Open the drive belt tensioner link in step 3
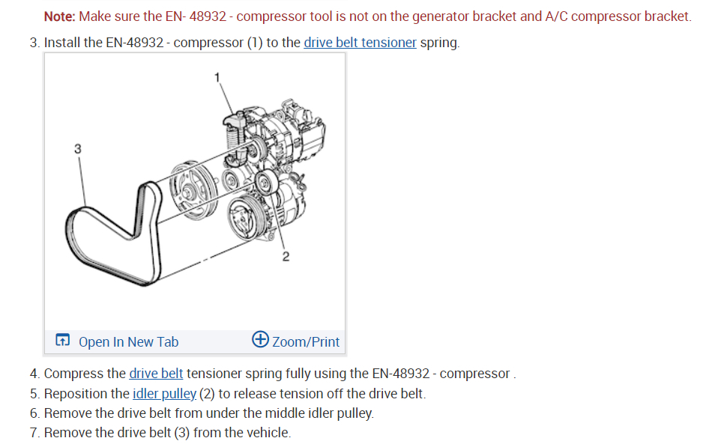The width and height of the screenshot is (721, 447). click(x=360, y=43)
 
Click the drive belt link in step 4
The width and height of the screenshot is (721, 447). click(x=156, y=373)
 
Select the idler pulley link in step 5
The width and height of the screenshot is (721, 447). click(x=164, y=393)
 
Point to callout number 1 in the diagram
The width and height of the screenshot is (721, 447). click(x=217, y=77)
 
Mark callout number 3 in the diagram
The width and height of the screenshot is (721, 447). click(x=77, y=148)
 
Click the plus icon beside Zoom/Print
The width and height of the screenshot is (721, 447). click(x=261, y=340)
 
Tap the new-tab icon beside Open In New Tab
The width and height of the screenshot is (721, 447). click(x=63, y=341)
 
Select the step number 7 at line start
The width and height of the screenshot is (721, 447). click(x=34, y=433)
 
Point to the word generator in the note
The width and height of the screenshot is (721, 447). click(x=466, y=16)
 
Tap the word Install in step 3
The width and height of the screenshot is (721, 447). click(x=62, y=43)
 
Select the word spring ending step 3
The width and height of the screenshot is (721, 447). click(x=438, y=43)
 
